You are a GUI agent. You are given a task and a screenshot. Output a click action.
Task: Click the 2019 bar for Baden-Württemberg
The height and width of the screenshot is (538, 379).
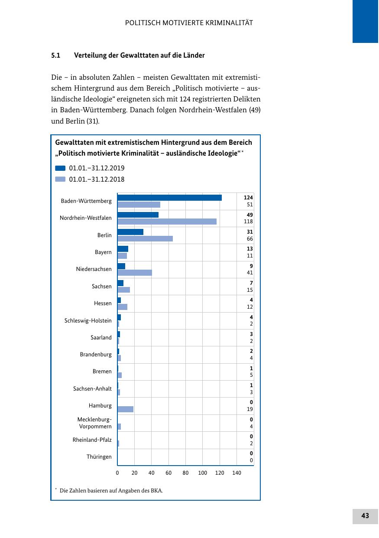pyautogui.click(x=169, y=198)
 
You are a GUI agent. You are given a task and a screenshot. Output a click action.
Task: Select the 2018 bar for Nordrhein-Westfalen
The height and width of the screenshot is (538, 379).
pyautogui.click(x=167, y=222)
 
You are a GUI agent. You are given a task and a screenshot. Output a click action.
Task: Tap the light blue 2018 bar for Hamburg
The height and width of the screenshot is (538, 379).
pyautogui.click(x=125, y=409)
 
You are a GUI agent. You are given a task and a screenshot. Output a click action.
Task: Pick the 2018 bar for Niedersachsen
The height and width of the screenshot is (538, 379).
pyautogui.click(x=135, y=273)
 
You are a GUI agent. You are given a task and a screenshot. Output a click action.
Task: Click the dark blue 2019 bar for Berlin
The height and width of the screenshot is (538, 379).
pyautogui.click(x=130, y=232)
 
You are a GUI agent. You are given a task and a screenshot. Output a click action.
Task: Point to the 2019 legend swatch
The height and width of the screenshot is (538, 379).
pyautogui.click(x=60, y=168)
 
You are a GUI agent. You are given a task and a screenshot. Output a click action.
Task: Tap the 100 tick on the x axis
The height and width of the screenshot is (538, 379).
pyautogui.click(x=203, y=473)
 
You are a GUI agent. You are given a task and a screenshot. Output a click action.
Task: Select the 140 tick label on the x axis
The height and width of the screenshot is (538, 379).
pyautogui.click(x=236, y=473)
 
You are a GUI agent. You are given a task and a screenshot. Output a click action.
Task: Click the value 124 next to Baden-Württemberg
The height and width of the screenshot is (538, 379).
pyautogui.click(x=248, y=198)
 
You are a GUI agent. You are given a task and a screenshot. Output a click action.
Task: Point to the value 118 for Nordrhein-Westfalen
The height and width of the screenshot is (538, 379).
pyautogui.click(x=248, y=222)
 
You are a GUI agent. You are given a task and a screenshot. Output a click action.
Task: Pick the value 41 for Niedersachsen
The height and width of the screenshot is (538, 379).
pyautogui.click(x=250, y=273)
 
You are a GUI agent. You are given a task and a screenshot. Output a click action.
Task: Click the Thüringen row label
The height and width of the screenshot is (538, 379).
pyautogui.click(x=99, y=457)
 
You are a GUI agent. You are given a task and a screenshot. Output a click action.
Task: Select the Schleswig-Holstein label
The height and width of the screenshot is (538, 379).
pyautogui.click(x=88, y=321)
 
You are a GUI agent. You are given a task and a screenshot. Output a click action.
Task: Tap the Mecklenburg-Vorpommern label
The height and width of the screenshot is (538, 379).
pyautogui.click(x=94, y=423)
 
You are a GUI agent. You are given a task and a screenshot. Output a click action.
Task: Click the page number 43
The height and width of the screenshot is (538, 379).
pyautogui.click(x=365, y=516)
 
